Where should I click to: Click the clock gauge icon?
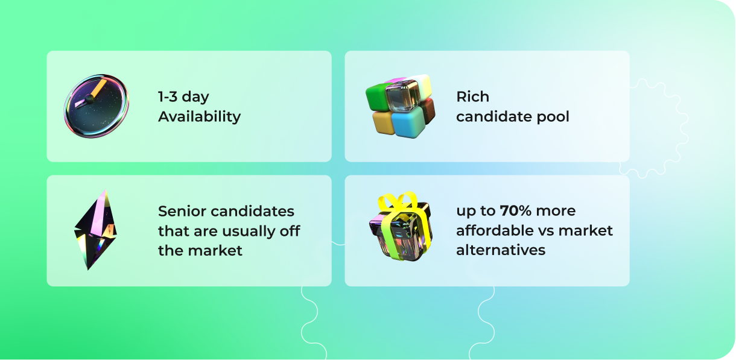coord(96,106)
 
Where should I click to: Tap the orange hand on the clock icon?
coord(98,88)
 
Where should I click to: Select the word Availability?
coord(199,117)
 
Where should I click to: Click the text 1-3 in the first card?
coord(168,96)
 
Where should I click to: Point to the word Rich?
coord(472,96)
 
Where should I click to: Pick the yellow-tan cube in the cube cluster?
coord(383,122)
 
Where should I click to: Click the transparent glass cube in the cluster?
coord(402,95)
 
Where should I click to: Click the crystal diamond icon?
coord(95,230)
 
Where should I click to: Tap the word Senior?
coord(182,211)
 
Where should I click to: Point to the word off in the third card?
coord(290,230)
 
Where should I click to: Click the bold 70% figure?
coord(516,210)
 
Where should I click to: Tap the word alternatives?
coord(501,250)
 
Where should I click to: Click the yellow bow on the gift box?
coord(398,201)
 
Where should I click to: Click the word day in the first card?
coord(195,98)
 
